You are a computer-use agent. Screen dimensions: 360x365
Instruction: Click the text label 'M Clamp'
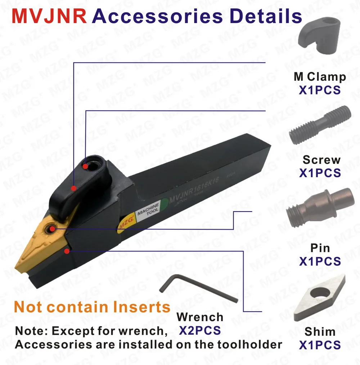click(x=320, y=76)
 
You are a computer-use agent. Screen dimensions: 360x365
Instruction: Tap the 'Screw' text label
click(x=321, y=160)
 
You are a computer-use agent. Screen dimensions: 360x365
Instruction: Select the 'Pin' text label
click(x=320, y=248)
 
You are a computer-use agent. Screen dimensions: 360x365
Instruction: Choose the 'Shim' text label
click(x=320, y=332)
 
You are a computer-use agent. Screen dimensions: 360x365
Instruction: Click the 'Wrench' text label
click(x=200, y=317)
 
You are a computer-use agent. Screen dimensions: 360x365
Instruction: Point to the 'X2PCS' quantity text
click(x=200, y=330)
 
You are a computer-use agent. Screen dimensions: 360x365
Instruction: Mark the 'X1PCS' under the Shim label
click(x=320, y=345)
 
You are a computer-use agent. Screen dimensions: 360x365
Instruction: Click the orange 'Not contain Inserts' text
click(x=92, y=307)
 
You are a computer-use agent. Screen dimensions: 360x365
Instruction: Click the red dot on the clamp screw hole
click(x=85, y=166)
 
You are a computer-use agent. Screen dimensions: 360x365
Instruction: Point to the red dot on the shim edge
click(x=67, y=251)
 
